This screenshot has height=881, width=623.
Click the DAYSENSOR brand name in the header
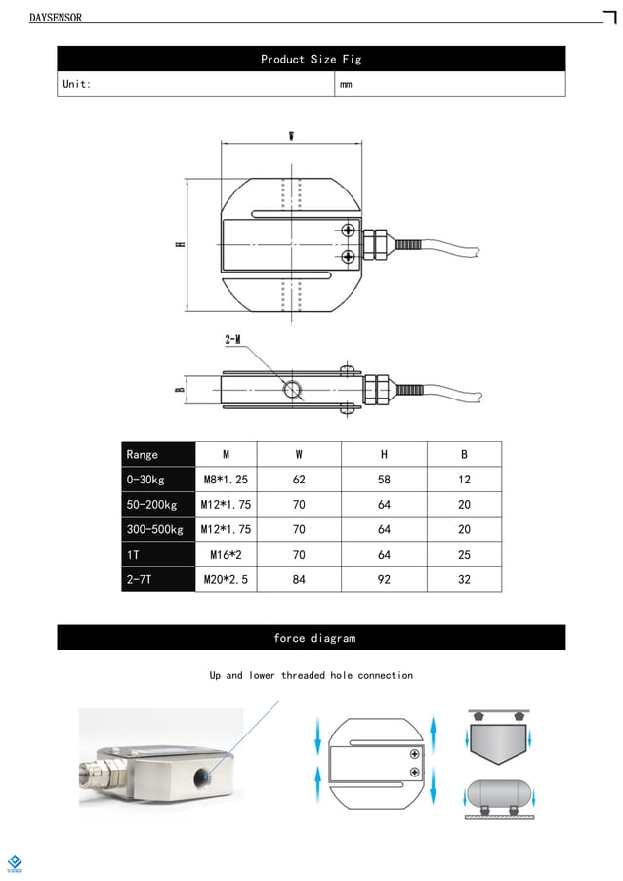click(56, 18)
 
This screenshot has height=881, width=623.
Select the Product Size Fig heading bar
click(311, 60)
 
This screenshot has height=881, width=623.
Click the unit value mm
click(346, 85)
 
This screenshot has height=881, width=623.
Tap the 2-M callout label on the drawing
click(233, 339)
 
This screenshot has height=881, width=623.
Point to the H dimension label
click(180, 244)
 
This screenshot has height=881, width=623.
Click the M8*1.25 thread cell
click(226, 480)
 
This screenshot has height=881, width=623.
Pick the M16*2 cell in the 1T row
click(226, 555)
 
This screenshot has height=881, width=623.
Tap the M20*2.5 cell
click(226, 579)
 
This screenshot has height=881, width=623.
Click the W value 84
click(299, 579)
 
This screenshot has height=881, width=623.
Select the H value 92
click(384, 579)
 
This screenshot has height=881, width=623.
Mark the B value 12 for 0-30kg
click(464, 480)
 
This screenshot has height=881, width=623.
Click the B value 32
click(464, 579)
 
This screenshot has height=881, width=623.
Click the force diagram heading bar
click(311, 638)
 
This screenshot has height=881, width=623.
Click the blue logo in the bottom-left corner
click(15, 862)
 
